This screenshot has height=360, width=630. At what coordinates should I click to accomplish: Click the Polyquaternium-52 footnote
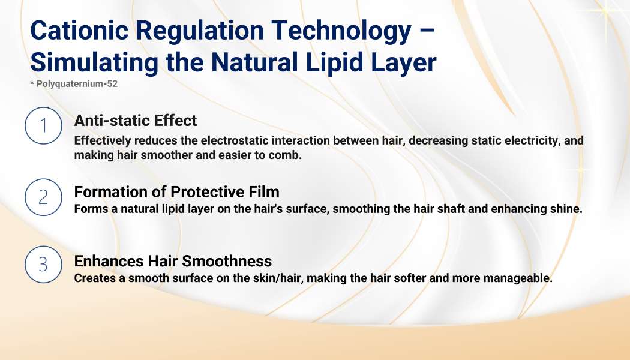[74, 83]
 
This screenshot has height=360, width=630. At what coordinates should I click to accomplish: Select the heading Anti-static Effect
[136, 121]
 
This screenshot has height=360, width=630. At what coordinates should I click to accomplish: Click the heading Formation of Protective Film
[177, 192]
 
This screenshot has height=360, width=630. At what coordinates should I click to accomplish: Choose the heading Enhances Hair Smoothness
[173, 261]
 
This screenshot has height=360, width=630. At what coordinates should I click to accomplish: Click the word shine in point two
[568, 209]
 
